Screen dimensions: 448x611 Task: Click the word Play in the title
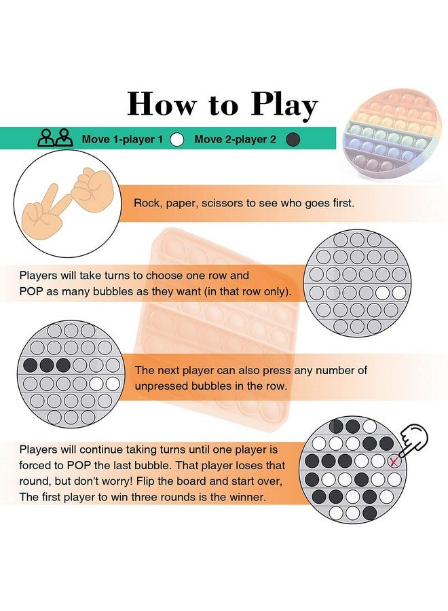284,106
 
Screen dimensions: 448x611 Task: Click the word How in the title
162,103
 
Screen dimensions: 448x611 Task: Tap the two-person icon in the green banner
55,138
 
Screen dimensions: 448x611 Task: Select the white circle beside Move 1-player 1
177,139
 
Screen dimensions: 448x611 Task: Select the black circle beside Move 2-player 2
293,139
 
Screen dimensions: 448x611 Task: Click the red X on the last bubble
394,462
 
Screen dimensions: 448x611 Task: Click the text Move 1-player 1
122,139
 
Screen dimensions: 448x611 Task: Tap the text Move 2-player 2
235,139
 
